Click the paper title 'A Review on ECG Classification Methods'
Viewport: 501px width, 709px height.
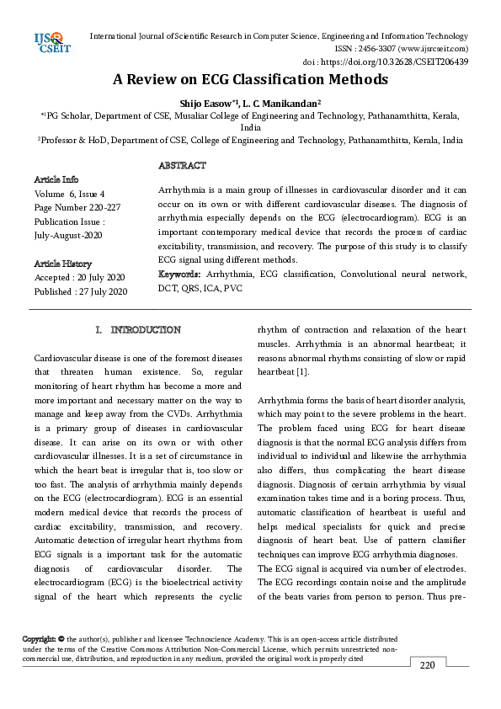(251, 80)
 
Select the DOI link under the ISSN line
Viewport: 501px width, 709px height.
(385, 61)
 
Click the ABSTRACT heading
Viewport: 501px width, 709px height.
(182, 166)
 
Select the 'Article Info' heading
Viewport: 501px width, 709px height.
(56, 179)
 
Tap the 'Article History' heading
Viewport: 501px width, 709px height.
(63, 264)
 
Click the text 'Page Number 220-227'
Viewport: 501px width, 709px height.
(76, 207)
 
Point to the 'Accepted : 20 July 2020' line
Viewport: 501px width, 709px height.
(79, 277)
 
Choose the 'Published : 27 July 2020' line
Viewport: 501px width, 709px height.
(80, 291)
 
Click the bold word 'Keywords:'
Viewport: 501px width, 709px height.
(180, 275)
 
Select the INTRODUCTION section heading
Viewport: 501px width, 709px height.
(138, 329)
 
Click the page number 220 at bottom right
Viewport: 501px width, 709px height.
(427, 665)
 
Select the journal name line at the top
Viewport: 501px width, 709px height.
(279, 36)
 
